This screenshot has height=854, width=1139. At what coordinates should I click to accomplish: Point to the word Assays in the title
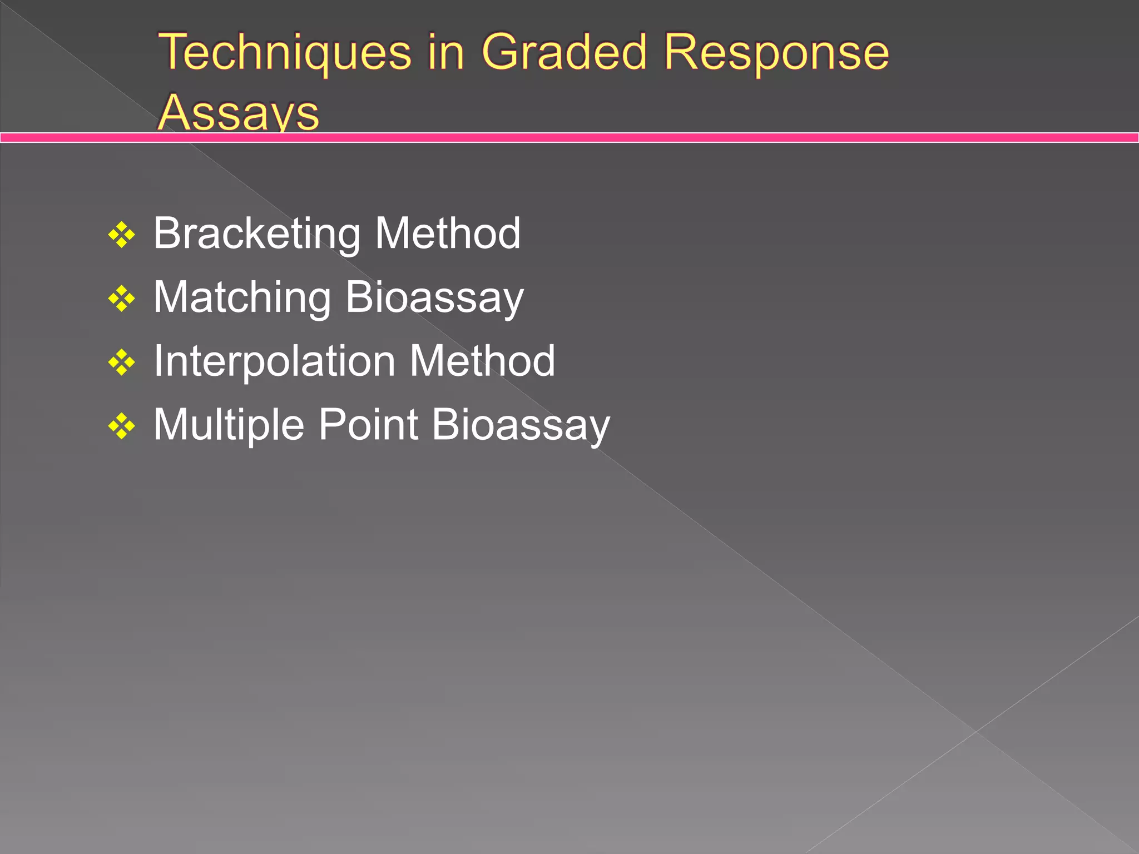[238, 113]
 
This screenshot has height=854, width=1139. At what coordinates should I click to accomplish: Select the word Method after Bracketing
[448, 233]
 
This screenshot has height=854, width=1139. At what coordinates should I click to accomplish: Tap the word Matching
[242, 298]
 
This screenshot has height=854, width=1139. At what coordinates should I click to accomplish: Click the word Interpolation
[274, 362]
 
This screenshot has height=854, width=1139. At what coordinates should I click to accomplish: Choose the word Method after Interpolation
[482, 361]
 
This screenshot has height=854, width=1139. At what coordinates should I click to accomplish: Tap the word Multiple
[229, 426]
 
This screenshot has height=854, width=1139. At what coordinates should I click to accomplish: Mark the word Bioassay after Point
[521, 426]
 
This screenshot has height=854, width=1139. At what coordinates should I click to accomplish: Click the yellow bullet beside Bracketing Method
[122, 235]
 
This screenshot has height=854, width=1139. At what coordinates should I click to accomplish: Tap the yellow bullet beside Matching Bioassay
[122, 299]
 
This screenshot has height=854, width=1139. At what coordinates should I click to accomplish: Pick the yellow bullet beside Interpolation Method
[122, 363]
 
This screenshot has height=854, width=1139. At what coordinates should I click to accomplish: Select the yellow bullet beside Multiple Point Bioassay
[122, 427]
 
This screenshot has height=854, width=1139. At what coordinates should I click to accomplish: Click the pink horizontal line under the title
[667, 137]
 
